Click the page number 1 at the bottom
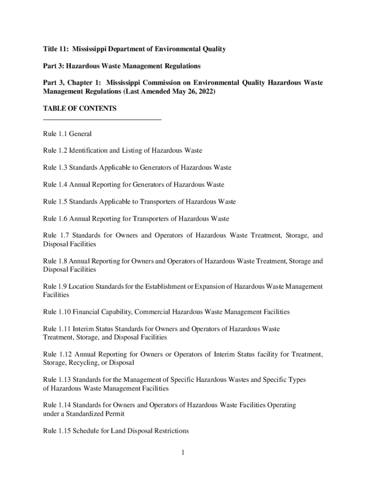[x=183, y=452]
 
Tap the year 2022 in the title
[x=205, y=91]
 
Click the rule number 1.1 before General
[x=62, y=134]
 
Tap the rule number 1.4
[x=62, y=185]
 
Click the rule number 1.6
[x=62, y=219]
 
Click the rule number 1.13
[x=64, y=380]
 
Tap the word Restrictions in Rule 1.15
[x=171, y=431]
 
